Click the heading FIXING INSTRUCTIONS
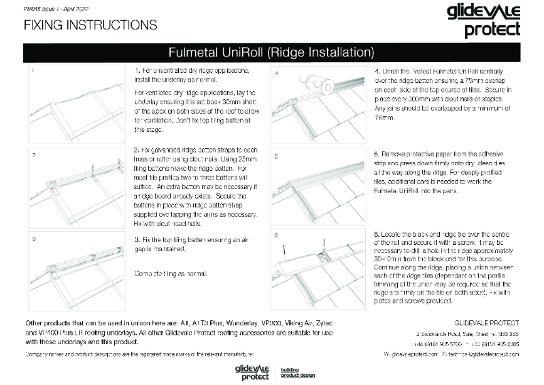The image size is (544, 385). pos(90,25)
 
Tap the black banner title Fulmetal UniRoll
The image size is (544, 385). pos(271,52)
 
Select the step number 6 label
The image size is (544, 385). pos(277,235)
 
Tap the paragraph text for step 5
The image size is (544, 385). pos(443,178)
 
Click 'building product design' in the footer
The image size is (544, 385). pos(299,372)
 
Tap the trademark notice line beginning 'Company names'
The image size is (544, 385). pos(139,354)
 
